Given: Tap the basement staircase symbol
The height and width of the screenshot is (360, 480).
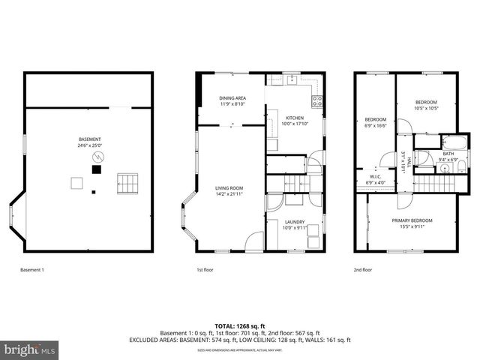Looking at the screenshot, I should [x=128, y=181].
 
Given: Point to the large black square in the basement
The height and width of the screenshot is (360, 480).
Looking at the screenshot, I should [x=95, y=169].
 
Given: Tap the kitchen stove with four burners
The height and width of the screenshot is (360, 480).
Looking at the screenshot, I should [x=318, y=100].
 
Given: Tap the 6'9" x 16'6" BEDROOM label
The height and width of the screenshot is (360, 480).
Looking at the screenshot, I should [x=375, y=122].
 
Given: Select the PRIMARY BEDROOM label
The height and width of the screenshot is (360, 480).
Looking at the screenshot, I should [x=412, y=223].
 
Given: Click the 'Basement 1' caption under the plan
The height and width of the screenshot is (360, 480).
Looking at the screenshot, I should [x=31, y=269].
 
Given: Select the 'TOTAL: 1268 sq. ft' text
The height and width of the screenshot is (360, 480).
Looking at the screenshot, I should [x=240, y=325].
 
